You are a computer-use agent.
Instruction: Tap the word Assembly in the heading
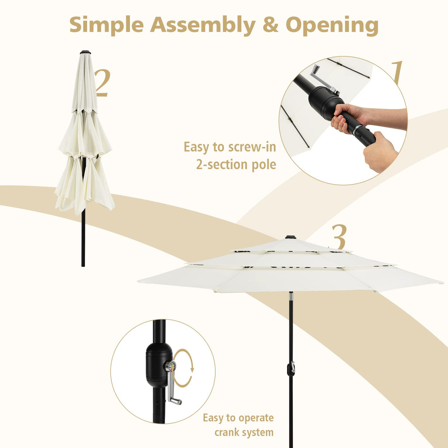(x=203, y=25)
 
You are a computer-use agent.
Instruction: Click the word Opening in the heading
(x=332, y=25)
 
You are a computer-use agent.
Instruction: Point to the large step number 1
(x=397, y=73)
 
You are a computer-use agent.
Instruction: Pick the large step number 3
(x=339, y=237)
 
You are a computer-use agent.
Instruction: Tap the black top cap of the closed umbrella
(x=85, y=52)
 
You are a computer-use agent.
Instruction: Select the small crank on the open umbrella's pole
(x=292, y=368)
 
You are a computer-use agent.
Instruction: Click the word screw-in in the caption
(x=252, y=147)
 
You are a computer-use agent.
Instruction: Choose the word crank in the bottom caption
(x=230, y=432)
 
